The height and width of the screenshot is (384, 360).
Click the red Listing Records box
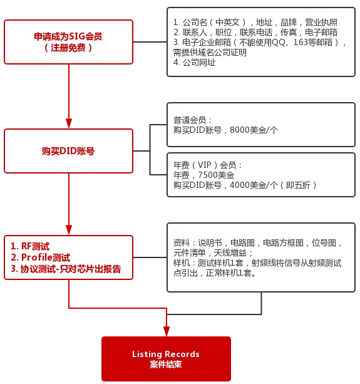click(166, 359)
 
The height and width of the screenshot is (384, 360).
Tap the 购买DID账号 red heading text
click(68, 151)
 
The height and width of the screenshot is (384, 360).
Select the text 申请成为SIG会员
click(68, 36)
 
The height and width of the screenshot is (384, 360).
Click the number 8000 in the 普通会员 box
click(239, 130)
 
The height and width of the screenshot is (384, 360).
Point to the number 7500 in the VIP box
click(207, 175)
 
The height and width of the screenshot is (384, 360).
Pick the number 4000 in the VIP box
click(239, 185)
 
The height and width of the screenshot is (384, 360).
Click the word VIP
click(205, 165)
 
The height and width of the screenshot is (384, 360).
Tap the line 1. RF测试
click(30, 246)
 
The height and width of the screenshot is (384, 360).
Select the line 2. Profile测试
click(40, 257)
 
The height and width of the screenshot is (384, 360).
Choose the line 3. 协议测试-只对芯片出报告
click(66, 269)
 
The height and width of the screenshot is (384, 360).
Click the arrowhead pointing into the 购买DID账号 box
click(69, 123)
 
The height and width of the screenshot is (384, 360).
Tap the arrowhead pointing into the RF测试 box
click(69, 230)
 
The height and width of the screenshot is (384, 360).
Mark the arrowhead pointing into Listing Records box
click(167, 331)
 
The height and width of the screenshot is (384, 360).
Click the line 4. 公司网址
click(195, 63)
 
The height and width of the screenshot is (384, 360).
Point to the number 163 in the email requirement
click(301, 43)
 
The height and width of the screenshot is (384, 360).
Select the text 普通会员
click(190, 120)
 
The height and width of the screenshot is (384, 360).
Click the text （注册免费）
click(68, 48)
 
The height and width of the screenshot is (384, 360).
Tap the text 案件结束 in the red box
click(166, 365)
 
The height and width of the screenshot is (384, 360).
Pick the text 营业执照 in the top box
click(321, 23)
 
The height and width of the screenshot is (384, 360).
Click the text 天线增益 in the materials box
click(230, 252)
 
